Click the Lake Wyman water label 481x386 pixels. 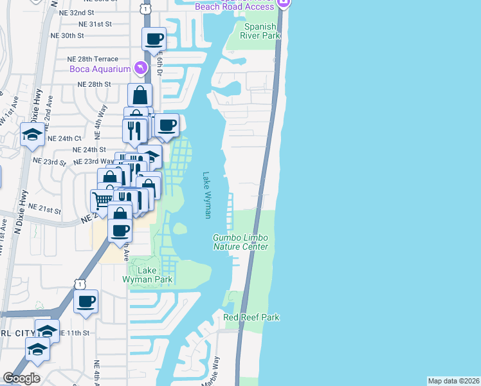point(206,195)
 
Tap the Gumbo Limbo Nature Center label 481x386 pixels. point(240,243)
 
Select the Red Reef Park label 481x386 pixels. point(251,317)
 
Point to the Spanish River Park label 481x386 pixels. point(262,31)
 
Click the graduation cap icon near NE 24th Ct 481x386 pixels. point(32,135)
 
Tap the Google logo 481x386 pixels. point(21,378)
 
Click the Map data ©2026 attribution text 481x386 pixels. point(453,381)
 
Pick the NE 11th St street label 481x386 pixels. point(74,333)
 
